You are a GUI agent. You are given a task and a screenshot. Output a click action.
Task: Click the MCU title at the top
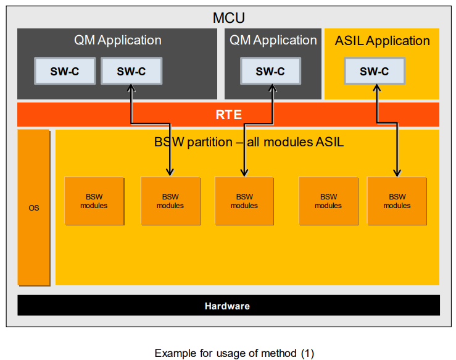point(228,18)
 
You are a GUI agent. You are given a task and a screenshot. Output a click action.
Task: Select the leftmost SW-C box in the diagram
point(65,72)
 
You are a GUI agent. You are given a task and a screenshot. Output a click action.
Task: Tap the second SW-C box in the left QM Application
point(131,72)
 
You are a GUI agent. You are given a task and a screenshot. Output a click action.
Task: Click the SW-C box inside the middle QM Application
point(270,72)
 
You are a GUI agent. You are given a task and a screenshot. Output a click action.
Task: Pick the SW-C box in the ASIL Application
point(374,72)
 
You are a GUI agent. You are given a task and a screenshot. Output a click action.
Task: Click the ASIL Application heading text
point(382,41)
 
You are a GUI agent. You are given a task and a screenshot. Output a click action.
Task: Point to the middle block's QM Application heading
point(273,40)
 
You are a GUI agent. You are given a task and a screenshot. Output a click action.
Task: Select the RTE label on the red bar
point(228,115)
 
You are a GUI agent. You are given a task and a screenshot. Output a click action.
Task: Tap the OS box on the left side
point(34,207)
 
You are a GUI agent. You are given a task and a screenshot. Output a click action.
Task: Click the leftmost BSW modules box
point(94,201)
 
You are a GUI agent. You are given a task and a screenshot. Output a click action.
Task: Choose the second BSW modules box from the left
point(170,201)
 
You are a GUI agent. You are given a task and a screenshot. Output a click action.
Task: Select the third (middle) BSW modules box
point(244,201)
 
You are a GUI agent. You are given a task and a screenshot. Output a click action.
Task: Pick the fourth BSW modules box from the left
point(328,201)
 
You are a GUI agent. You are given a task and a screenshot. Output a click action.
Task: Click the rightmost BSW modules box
point(397,201)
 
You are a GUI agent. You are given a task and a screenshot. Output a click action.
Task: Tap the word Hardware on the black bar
point(227,306)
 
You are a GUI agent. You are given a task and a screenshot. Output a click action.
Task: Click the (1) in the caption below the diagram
point(307,353)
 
